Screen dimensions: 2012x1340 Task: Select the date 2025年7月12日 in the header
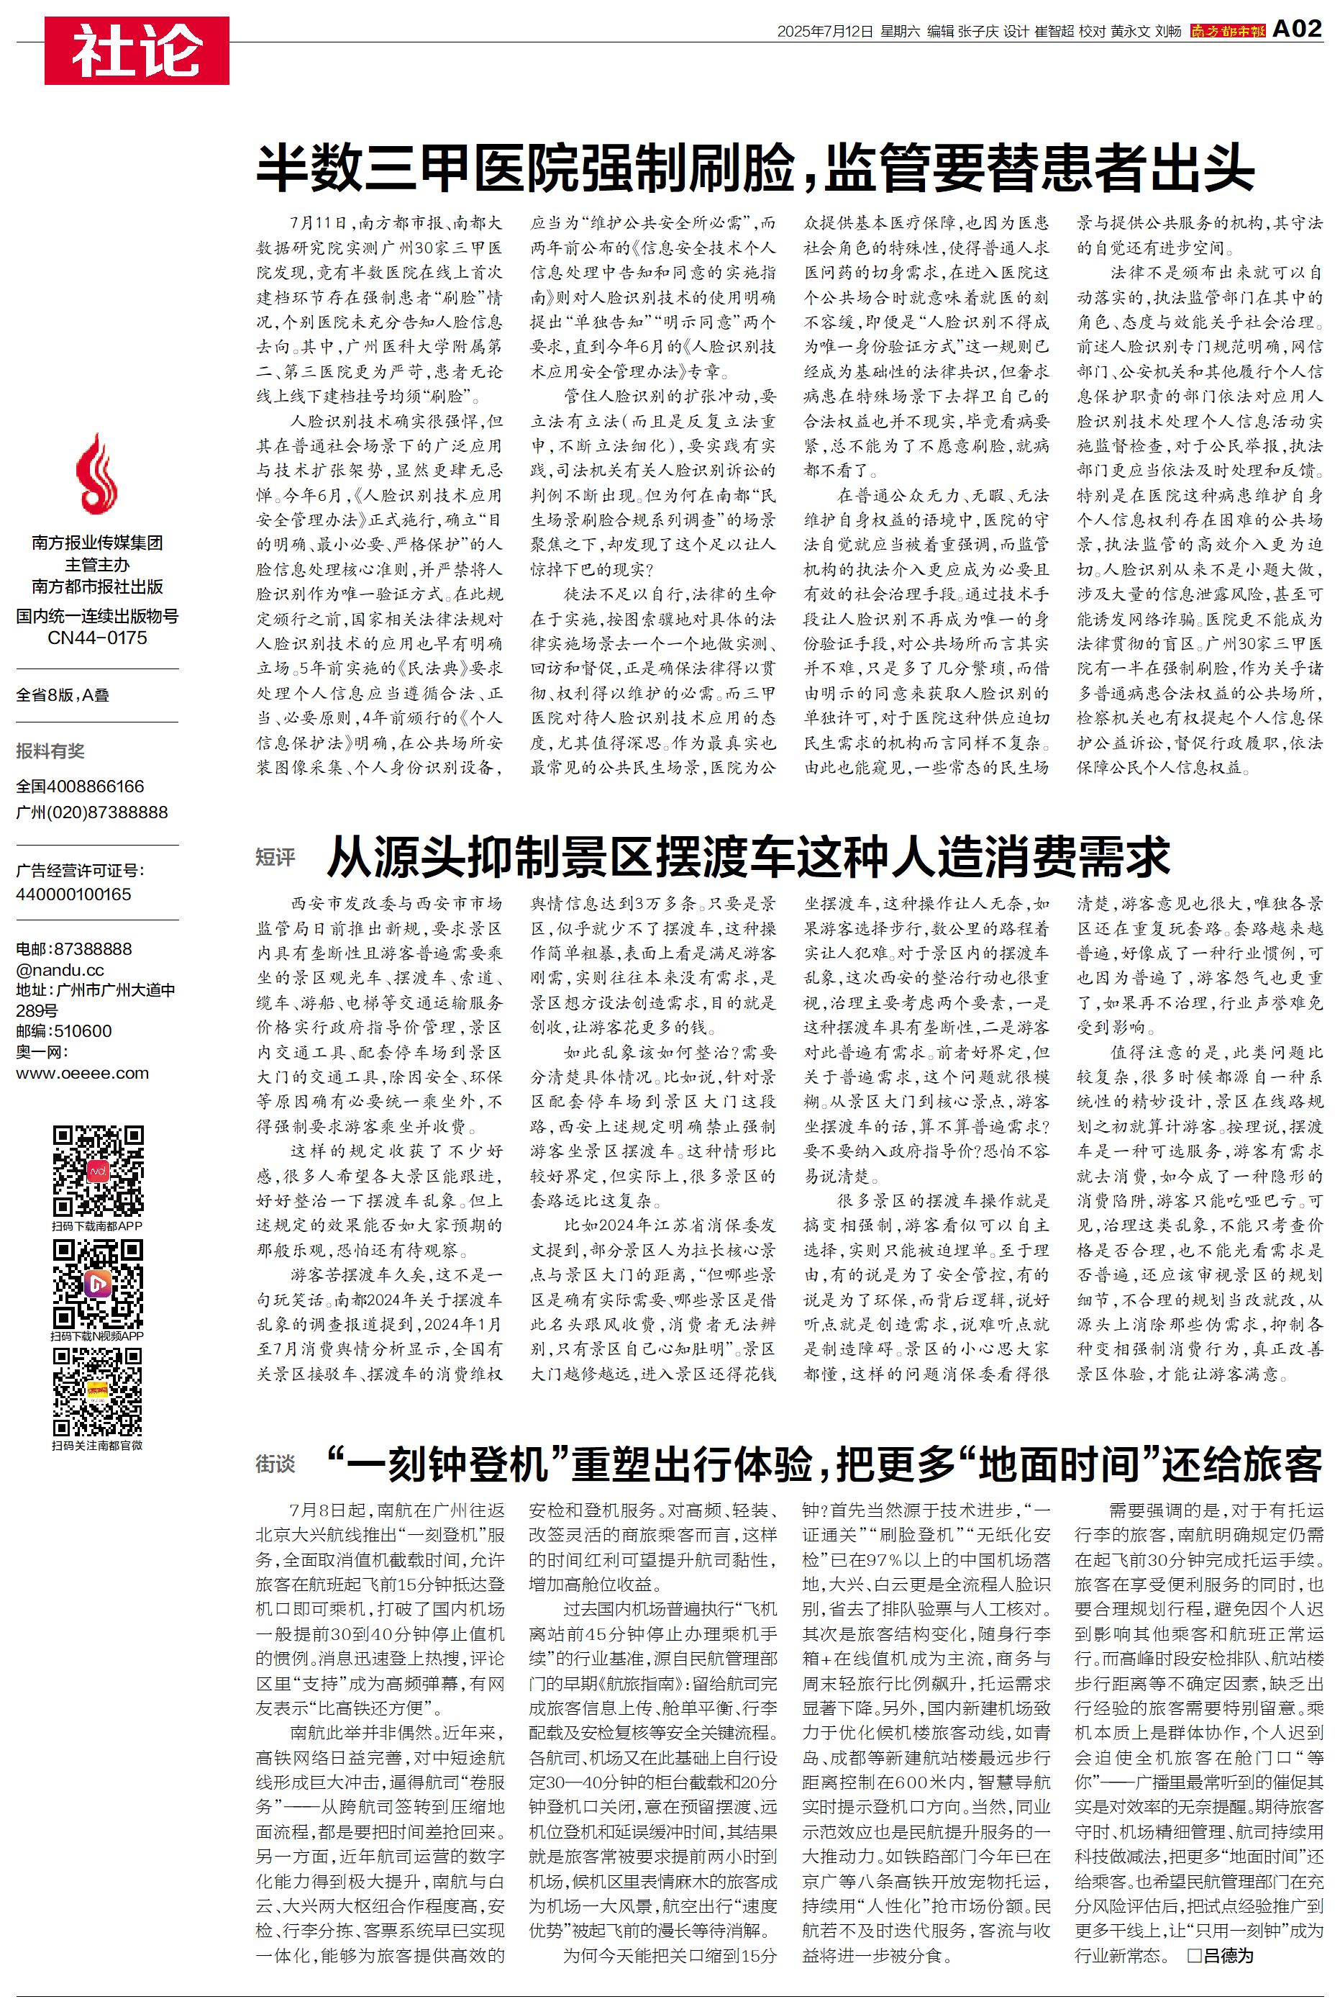tap(825, 32)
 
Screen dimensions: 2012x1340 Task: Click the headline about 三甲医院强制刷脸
tap(755, 168)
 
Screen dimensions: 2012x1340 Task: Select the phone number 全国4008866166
tap(81, 787)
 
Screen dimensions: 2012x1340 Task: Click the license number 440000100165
tap(73, 894)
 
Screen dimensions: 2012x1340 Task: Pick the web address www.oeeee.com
tap(82, 1074)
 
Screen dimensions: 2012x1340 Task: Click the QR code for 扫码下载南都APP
tap(97, 1171)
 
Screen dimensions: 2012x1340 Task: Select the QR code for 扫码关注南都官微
tap(97, 1392)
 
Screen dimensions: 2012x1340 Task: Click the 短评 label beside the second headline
tap(275, 857)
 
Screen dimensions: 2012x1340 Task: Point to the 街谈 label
tap(275, 1464)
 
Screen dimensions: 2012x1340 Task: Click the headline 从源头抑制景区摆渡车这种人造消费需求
tap(748, 857)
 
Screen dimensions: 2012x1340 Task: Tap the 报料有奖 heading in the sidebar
tap(50, 751)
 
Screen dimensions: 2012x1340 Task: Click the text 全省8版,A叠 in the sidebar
tap(63, 695)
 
